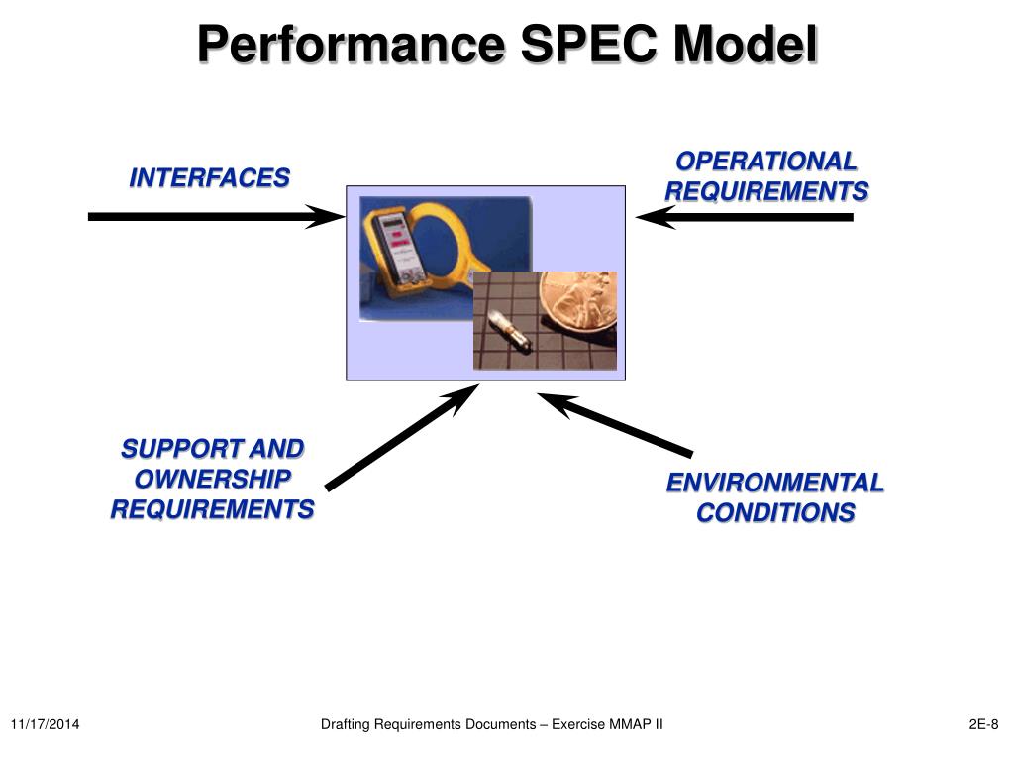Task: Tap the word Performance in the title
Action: pyautogui.click(x=352, y=46)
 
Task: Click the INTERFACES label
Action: pyautogui.click(x=210, y=178)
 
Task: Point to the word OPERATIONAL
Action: pyautogui.click(x=765, y=161)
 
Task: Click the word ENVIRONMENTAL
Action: pyautogui.click(x=774, y=483)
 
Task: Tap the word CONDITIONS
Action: pyautogui.click(x=775, y=513)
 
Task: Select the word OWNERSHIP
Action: pyautogui.click(x=212, y=480)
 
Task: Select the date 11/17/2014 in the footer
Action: pyautogui.click(x=46, y=725)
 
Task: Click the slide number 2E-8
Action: pyautogui.click(x=983, y=725)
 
